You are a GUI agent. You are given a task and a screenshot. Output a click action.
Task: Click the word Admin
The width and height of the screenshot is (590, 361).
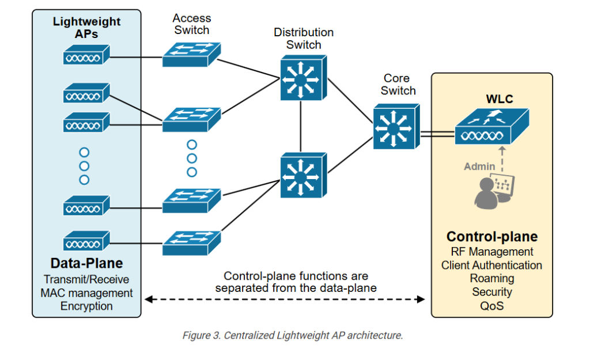(479, 166)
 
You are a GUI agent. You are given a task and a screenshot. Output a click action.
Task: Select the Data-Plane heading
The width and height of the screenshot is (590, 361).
(86, 264)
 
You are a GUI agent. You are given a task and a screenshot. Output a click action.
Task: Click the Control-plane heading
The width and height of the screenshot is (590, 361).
(492, 237)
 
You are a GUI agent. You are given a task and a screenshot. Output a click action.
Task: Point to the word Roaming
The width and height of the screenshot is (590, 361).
(492, 279)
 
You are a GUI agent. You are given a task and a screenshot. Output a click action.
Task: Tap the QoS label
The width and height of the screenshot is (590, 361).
(492, 306)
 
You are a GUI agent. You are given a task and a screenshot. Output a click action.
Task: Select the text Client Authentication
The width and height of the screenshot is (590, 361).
(492, 265)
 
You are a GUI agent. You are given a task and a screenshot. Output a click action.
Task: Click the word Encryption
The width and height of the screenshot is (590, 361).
(86, 306)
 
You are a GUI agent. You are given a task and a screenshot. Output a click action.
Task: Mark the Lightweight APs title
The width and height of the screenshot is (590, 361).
(86, 28)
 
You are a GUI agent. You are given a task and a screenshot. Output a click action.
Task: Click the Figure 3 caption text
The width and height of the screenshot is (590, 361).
(293, 335)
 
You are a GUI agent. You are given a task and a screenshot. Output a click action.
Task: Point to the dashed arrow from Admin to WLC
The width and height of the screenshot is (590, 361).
(501, 158)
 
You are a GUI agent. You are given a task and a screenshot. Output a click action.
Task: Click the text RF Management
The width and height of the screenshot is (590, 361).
(492, 252)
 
